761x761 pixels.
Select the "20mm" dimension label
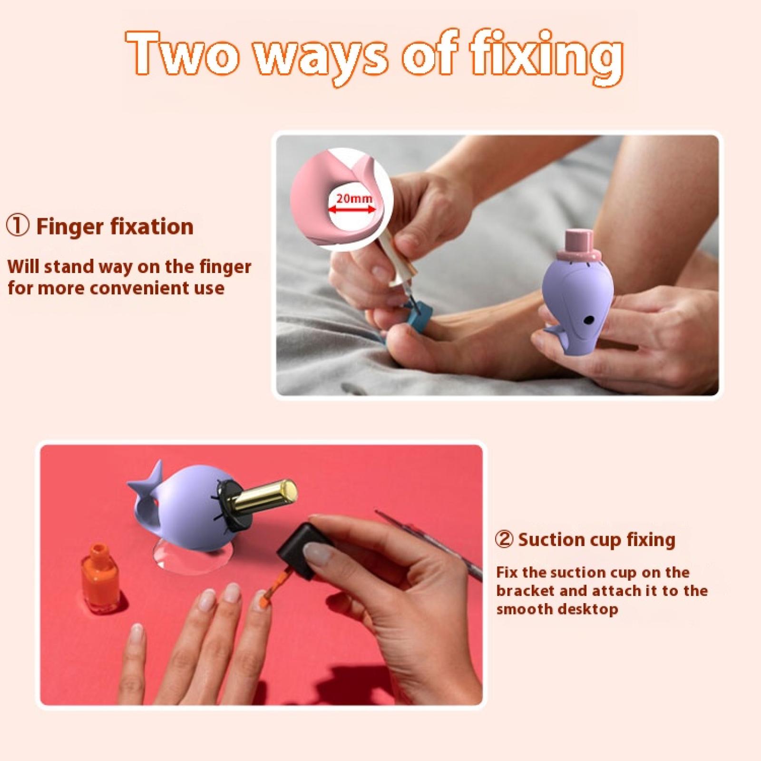(x=354, y=198)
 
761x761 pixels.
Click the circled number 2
(x=504, y=540)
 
